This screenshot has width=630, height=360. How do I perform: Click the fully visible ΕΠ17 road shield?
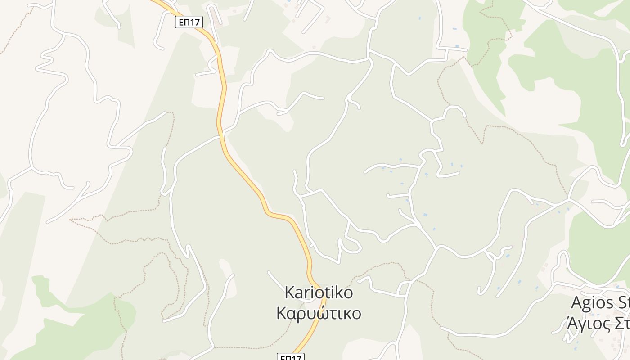pos(189,22)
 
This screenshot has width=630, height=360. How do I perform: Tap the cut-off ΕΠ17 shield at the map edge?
pos(290,357)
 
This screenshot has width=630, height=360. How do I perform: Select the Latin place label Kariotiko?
pos(319,292)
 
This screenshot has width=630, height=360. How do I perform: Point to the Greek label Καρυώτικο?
pos(319,313)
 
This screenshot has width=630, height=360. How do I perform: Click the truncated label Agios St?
pos(600,303)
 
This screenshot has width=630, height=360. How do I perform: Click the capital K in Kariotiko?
pos(289,292)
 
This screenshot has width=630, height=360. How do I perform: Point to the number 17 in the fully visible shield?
pos(195,22)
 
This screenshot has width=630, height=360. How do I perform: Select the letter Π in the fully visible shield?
pos(187,22)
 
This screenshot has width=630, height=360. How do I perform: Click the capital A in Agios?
pos(577,303)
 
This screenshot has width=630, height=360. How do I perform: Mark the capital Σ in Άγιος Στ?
pos(616,323)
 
